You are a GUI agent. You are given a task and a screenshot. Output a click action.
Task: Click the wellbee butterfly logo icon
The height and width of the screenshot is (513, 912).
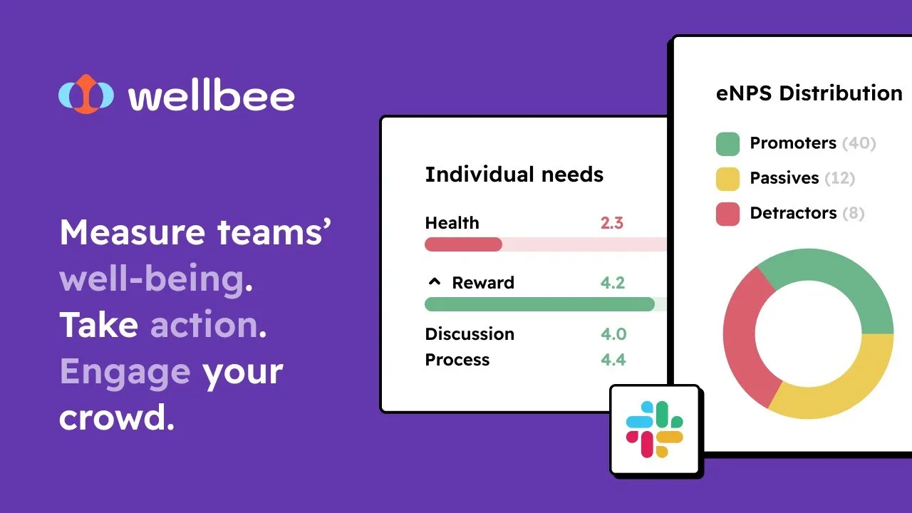(x=86, y=94)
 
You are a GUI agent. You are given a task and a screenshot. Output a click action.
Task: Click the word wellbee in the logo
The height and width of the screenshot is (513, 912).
(x=212, y=95)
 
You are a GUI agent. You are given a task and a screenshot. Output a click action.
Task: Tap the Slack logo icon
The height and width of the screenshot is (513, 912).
(x=654, y=430)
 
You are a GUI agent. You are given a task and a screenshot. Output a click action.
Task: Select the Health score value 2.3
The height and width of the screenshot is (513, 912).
(x=611, y=223)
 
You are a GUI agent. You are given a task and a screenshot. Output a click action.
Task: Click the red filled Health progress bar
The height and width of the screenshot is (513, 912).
(x=463, y=244)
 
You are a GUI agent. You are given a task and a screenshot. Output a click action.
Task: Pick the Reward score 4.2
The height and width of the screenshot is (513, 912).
(x=612, y=283)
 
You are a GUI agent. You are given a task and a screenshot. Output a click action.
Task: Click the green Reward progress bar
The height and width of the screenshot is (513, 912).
(x=539, y=304)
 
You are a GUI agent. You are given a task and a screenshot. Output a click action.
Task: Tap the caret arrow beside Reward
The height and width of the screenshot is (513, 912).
(x=435, y=281)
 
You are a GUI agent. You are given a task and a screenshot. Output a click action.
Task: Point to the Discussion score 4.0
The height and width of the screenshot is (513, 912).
(x=613, y=334)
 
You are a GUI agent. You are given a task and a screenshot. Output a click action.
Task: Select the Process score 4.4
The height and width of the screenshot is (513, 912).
(x=613, y=360)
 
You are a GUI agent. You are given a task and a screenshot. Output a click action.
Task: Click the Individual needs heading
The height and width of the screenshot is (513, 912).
(x=514, y=175)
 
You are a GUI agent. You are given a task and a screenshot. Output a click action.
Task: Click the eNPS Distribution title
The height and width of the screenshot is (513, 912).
(x=809, y=93)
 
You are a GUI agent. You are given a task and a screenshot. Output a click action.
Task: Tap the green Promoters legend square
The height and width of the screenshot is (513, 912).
(x=727, y=144)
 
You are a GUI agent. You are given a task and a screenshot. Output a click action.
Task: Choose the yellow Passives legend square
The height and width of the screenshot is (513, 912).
(x=727, y=179)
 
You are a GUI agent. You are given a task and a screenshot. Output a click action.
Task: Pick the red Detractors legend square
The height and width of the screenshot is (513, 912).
(x=727, y=214)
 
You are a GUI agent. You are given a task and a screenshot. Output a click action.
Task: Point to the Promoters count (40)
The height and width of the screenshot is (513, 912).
(x=859, y=143)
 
